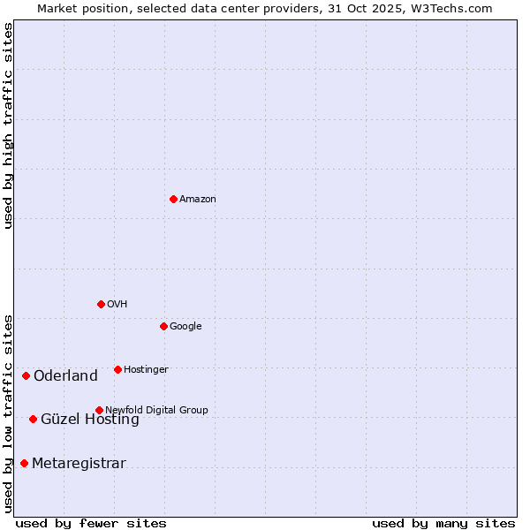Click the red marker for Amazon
pos(173,199)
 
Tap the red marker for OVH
pos(101,304)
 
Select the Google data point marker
pos(163,326)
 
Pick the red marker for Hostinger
pos(117,369)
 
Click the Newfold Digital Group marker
pos(99,410)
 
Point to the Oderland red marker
pos(26,376)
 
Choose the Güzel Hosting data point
pos(33,419)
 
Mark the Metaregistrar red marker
pos(24,463)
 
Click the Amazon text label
pos(198,200)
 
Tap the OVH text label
pos(117,305)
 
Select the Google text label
pos(185,327)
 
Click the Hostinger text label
pos(146,370)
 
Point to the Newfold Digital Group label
pos(156,410)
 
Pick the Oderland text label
pos(65,376)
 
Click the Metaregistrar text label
pos(79,464)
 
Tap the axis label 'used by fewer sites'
pos(91,523)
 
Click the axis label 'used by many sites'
pos(443,523)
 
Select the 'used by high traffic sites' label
pos(8,125)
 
